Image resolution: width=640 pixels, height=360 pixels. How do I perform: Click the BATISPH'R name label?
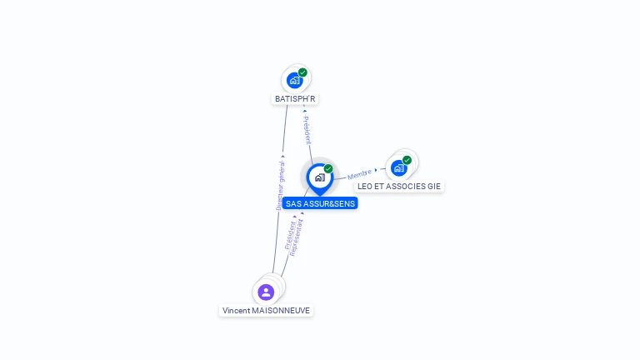pyautogui.click(x=295, y=98)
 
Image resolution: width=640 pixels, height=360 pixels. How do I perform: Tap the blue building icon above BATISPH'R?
pyautogui.click(x=294, y=80)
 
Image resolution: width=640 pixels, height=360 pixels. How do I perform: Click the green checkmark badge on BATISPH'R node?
pyautogui.click(x=302, y=72)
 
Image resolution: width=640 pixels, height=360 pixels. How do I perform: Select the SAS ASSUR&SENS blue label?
pyautogui.click(x=320, y=203)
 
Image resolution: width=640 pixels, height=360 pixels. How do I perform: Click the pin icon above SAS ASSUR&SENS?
pyautogui.click(x=319, y=177)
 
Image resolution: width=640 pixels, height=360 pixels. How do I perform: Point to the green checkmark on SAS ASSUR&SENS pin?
pyautogui.click(x=328, y=169)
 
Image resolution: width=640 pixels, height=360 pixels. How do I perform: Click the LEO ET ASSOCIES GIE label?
pyautogui.click(x=399, y=186)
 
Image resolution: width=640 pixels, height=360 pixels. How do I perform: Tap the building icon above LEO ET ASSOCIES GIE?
pyautogui.click(x=399, y=167)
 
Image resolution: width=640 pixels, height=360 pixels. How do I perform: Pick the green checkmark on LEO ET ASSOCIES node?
pyautogui.click(x=407, y=160)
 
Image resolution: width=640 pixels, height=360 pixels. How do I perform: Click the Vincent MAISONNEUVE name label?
pyautogui.click(x=266, y=310)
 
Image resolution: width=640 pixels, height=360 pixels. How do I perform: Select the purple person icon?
pyautogui.click(x=266, y=292)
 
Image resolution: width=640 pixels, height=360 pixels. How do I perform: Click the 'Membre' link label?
pyautogui.click(x=359, y=174)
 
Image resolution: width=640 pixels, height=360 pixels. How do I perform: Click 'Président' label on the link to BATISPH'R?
pyautogui.click(x=307, y=131)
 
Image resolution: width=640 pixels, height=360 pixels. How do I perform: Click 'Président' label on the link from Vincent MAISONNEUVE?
pyautogui.click(x=288, y=236)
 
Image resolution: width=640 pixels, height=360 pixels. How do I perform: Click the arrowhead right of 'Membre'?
pyautogui.click(x=376, y=170)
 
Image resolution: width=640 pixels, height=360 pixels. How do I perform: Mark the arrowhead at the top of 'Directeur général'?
pyautogui.click(x=283, y=156)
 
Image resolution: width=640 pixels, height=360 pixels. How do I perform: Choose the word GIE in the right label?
pyautogui.click(x=433, y=186)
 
